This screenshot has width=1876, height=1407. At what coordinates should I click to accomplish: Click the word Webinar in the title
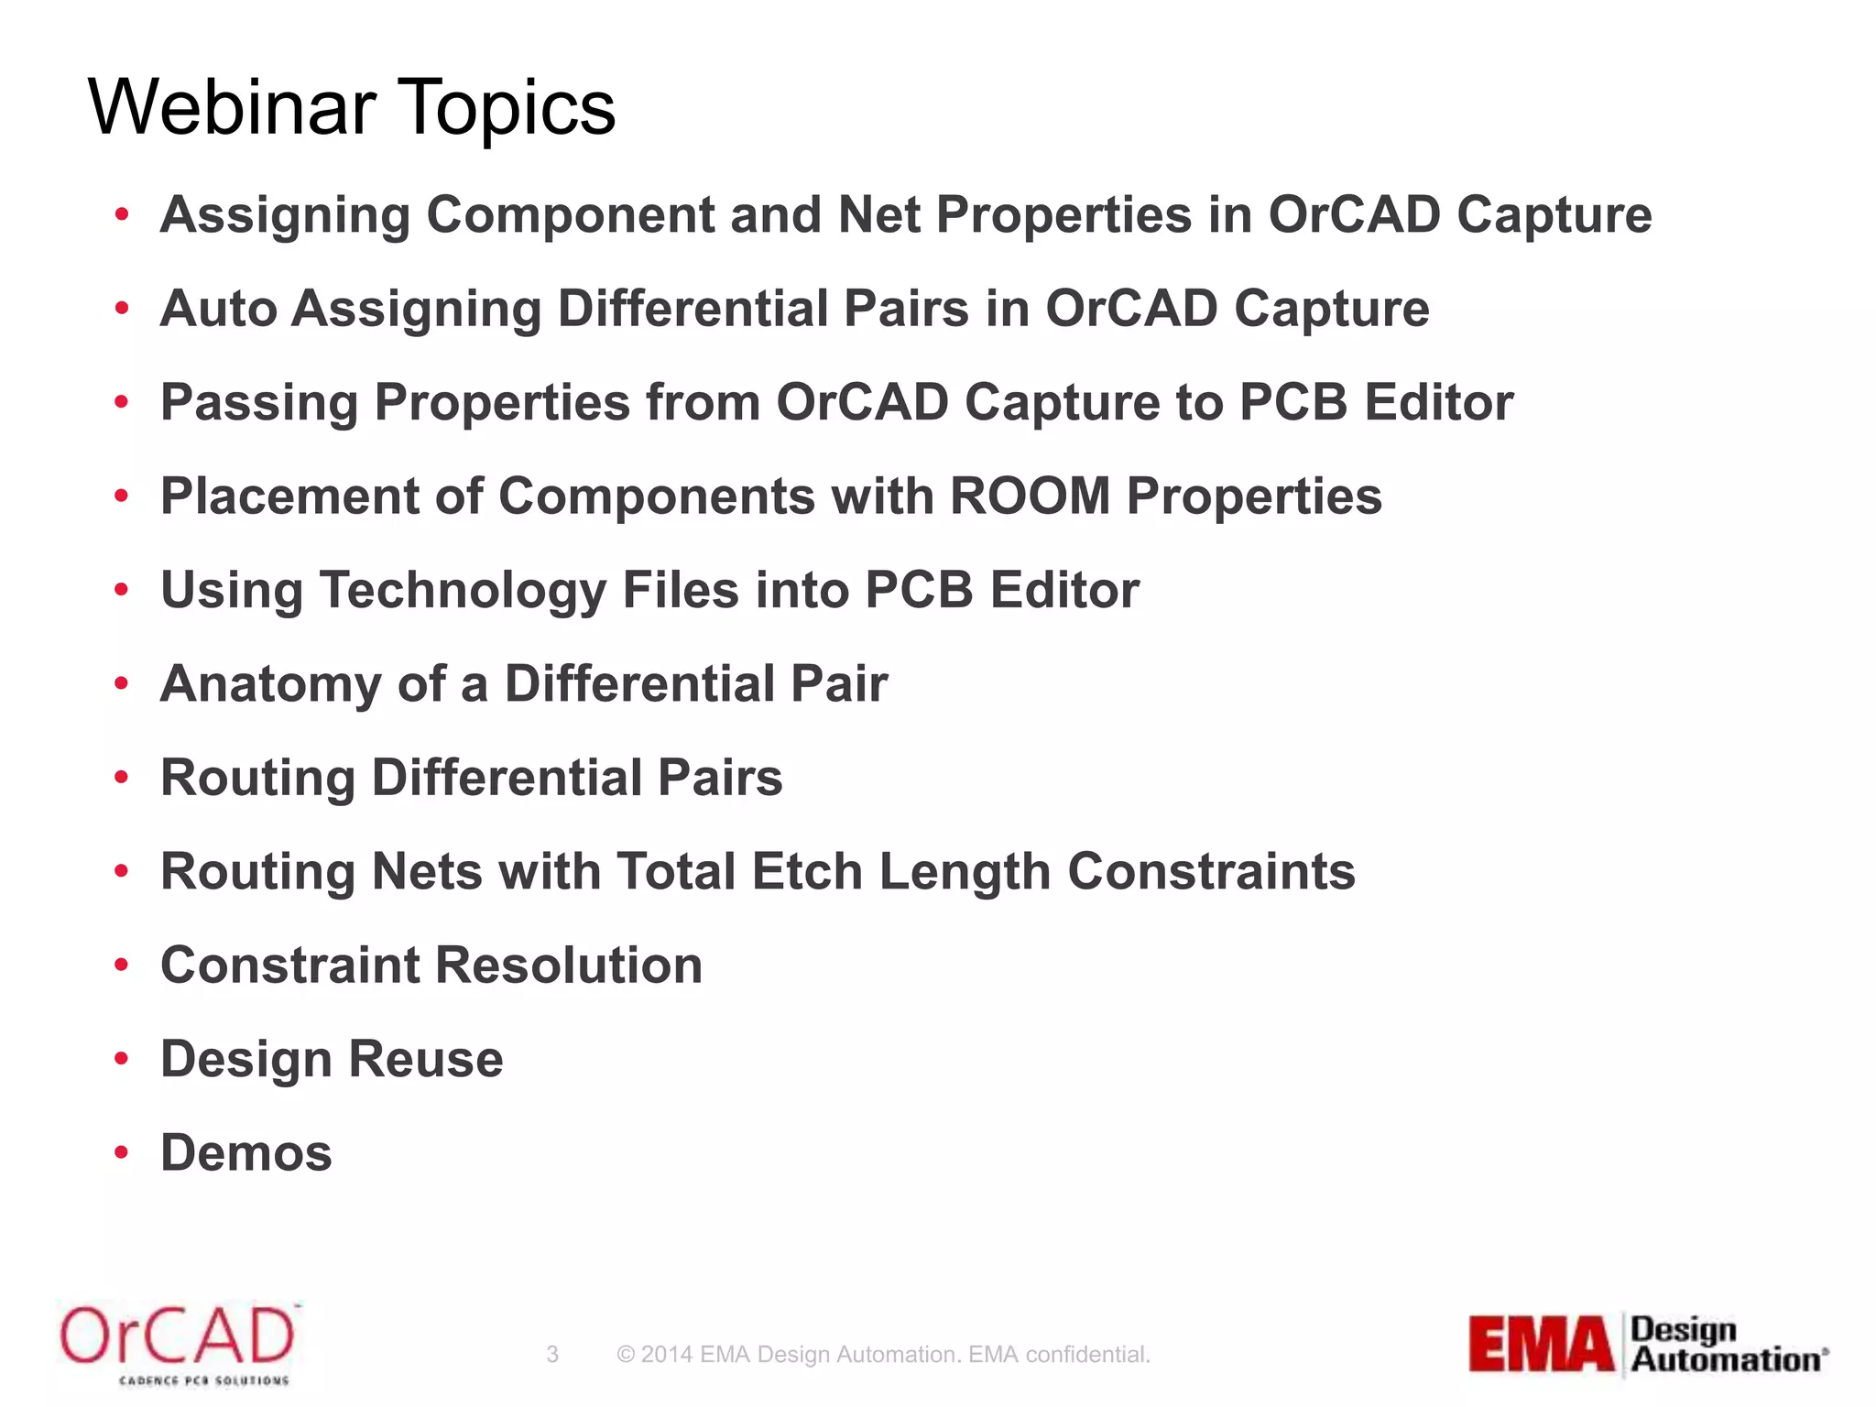point(233,107)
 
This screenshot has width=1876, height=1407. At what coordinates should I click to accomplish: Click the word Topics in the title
point(508,109)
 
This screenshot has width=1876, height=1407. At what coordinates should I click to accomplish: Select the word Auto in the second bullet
point(218,309)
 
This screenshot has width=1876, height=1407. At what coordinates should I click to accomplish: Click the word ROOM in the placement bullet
point(1030,496)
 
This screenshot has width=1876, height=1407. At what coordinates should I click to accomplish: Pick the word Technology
point(463,591)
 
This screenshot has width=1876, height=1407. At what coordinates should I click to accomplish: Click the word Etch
point(807,871)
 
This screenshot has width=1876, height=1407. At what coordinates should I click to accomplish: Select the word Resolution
point(569,965)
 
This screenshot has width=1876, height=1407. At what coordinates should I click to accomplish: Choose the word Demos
point(246,1152)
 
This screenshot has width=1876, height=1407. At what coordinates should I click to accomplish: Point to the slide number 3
point(552,1354)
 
